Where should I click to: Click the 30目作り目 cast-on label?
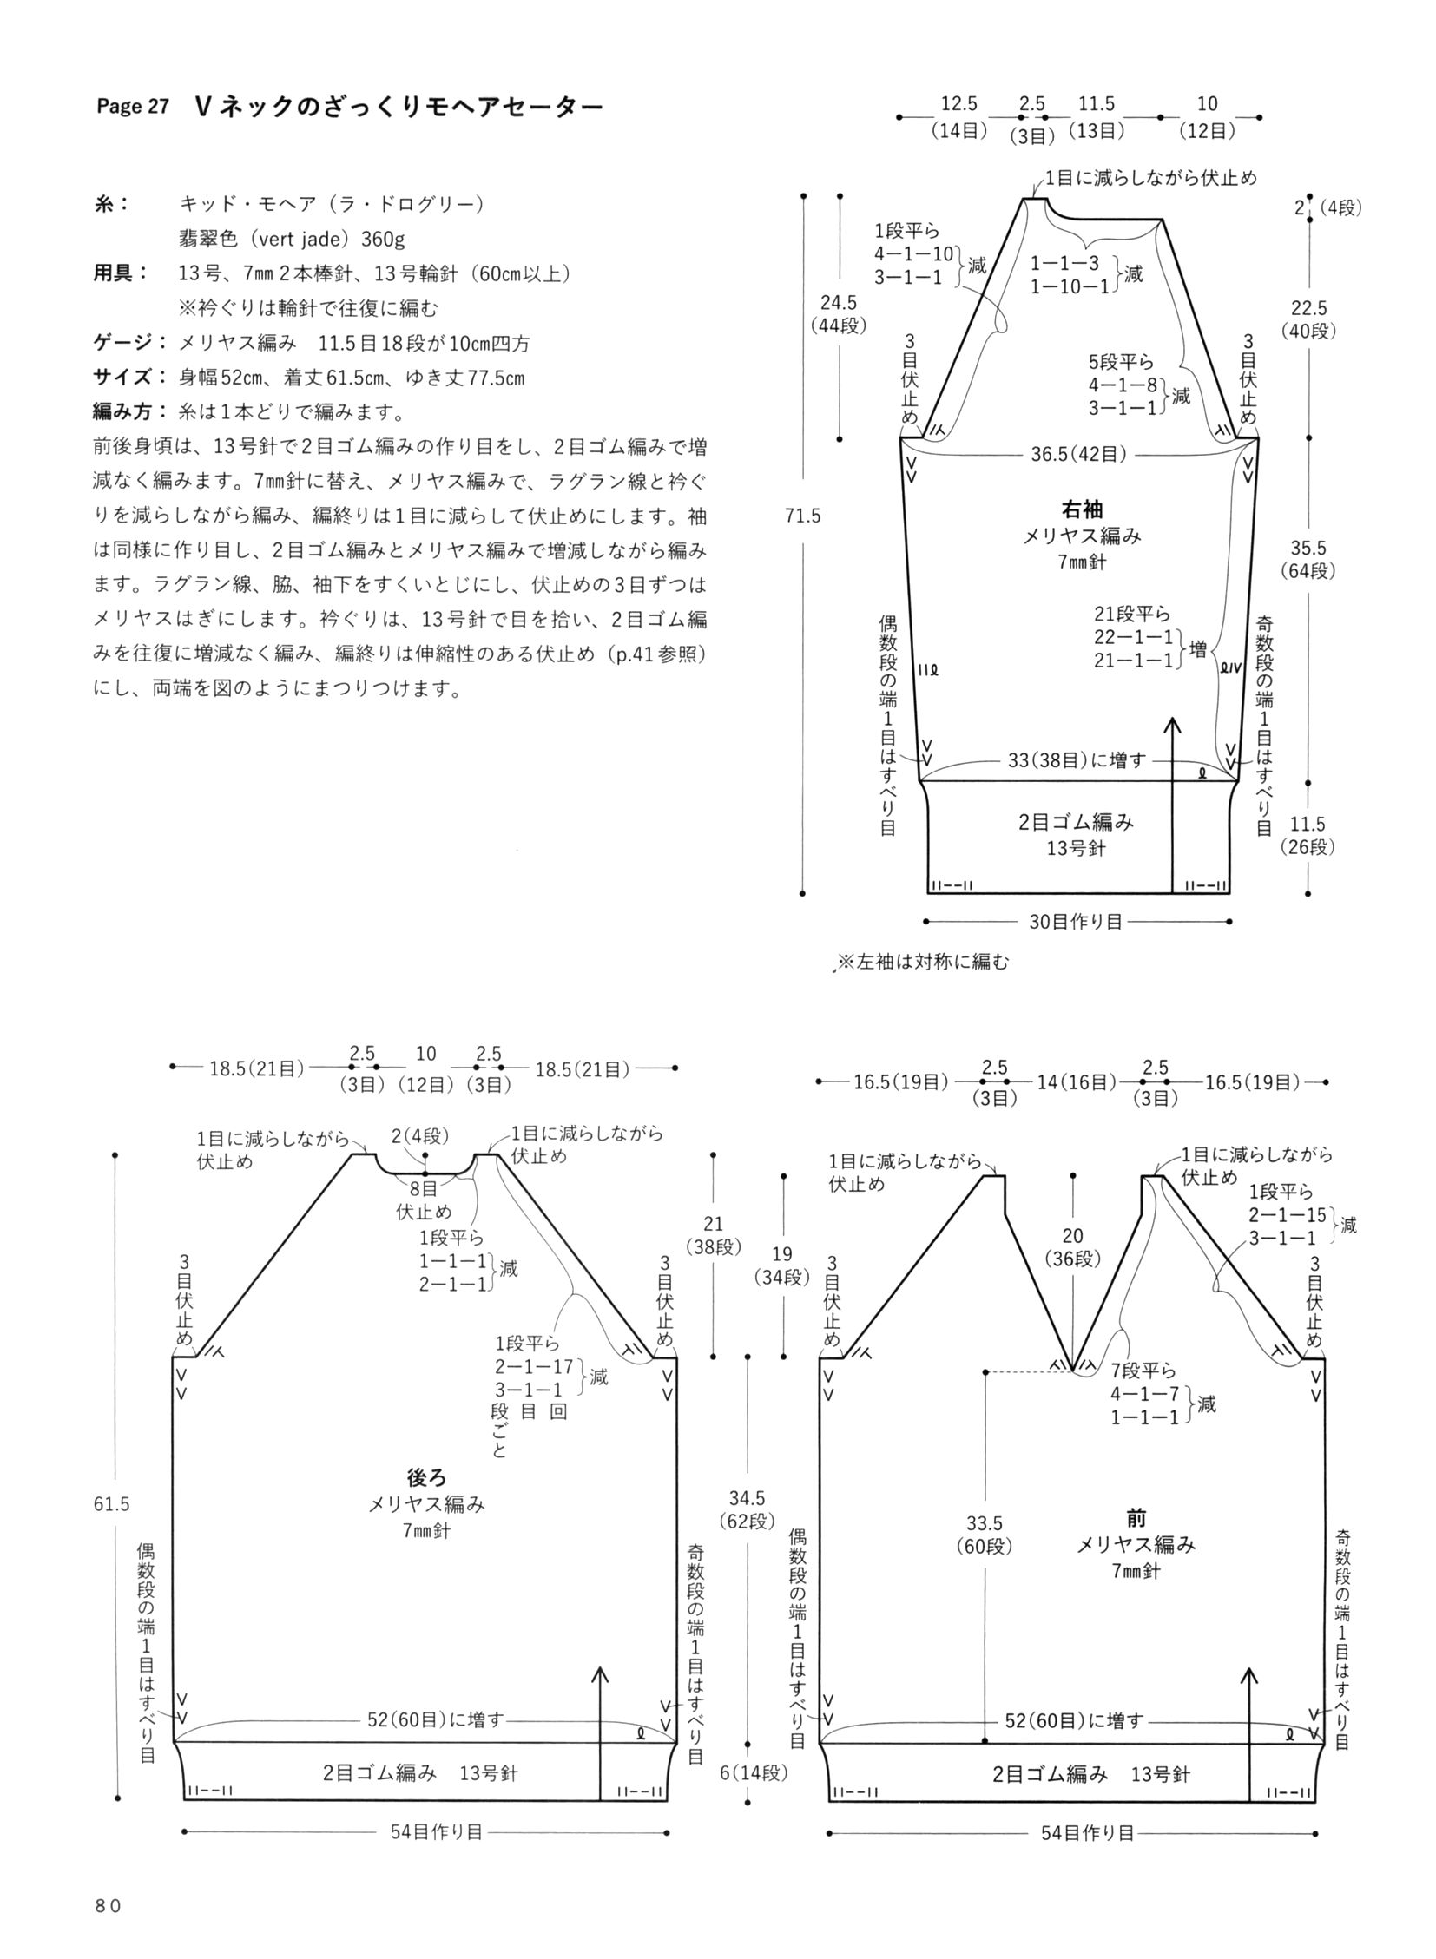(x=1076, y=922)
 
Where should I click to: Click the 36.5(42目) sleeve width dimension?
(x=1079, y=454)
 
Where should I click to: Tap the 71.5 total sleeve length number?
(x=802, y=516)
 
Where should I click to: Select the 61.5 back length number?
(x=112, y=1504)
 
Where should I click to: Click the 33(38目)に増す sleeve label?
(x=1077, y=760)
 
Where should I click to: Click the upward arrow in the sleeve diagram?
(x=1173, y=805)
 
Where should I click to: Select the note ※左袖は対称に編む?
(x=922, y=962)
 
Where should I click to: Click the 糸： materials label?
(x=111, y=204)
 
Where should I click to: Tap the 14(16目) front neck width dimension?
(x=1075, y=1082)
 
